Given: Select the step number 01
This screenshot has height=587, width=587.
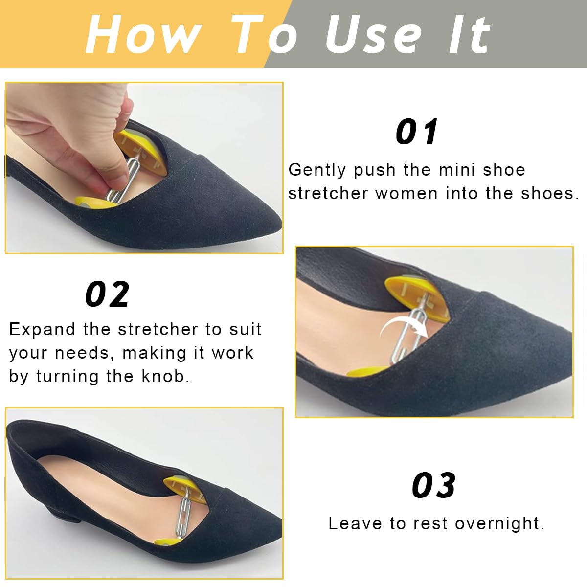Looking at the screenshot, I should pos(417,132).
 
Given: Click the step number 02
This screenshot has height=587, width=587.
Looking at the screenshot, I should pos(108,294).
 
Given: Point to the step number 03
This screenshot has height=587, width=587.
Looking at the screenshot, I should pos(434,485).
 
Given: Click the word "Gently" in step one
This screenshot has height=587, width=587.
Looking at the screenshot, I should pos(317,170).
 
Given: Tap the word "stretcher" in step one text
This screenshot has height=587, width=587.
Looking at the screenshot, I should pos(328,193).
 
